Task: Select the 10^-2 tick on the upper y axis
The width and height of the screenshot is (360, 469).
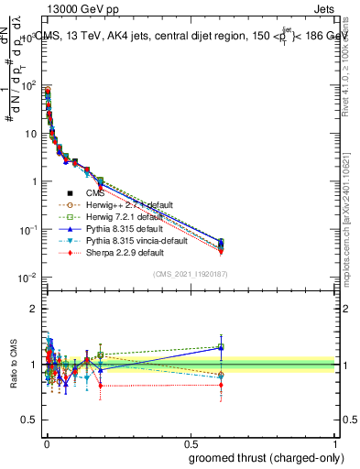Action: (27, 278)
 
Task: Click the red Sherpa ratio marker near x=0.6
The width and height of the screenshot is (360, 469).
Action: (221, 385)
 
